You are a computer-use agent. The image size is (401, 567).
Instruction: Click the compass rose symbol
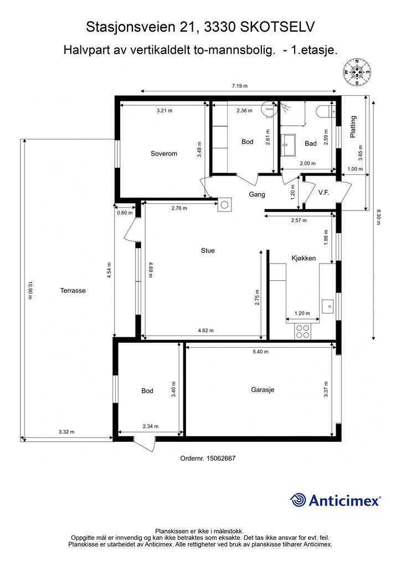(357, 72)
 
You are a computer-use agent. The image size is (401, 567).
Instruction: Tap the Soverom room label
(164, 153)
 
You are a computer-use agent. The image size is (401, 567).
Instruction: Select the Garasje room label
(263, 390)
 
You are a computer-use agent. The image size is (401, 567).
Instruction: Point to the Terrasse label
(73, 290)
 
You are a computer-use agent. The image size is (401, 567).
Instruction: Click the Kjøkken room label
(304, 258)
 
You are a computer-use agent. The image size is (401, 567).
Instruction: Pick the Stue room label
(208, 250)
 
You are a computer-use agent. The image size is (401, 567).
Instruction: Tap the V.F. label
(323, 193)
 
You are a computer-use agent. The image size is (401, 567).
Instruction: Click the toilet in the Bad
(326, 111)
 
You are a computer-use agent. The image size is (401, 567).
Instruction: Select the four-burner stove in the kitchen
(302, 331)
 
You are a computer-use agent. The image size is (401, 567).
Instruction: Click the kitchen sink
(328, 306)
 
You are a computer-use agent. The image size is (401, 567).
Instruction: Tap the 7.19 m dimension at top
(240, 86)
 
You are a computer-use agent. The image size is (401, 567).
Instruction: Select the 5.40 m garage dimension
(260, 352)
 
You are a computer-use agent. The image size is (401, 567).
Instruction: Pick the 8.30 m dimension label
(379, 217)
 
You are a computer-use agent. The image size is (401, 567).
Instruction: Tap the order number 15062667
(221, 458)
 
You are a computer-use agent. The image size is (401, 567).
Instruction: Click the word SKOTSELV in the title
(277, 27)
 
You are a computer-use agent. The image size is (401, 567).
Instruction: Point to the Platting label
(353, 127)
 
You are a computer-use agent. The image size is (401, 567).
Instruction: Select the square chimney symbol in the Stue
(224, 205)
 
